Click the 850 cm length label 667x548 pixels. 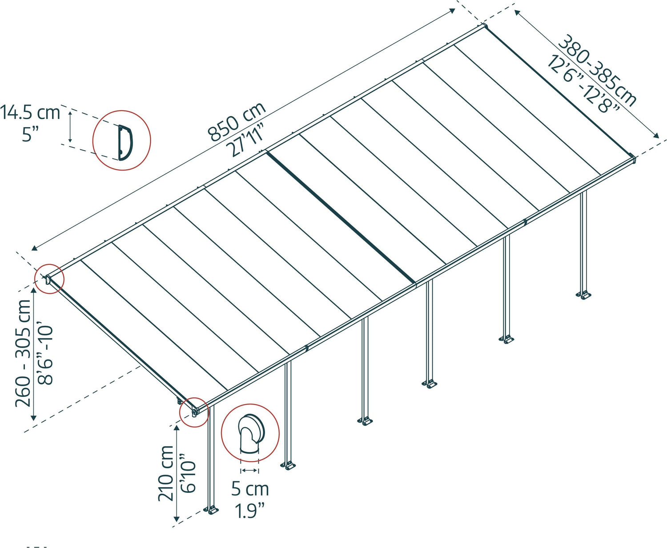(x=237, y=121)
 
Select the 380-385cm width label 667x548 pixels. (x=597, y=71)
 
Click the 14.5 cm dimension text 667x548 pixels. (x=30, y=113)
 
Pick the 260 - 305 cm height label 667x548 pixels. (x=23, y=353)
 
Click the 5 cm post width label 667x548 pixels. (x=250, y=489)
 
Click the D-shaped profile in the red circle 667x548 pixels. (x=124, y=142)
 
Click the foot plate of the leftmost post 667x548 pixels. (x=211, y=510)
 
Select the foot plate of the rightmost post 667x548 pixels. (x=583, y=295)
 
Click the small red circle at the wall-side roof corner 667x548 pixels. (x=49, y=279)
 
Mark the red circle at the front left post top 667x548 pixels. (x=194, y=412)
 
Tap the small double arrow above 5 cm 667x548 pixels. (x=249, y=470)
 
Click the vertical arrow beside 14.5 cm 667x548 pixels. (x=70, y=127)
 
